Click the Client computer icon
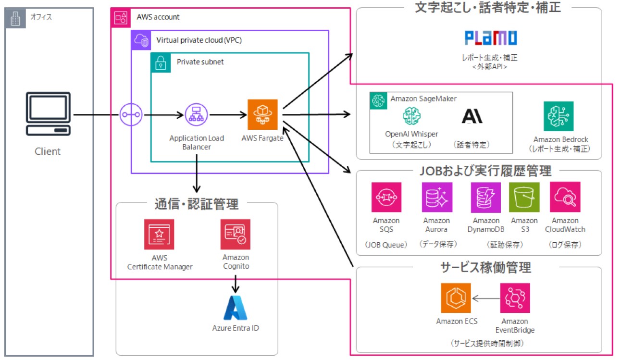pyautogui.click(x=48, y=115)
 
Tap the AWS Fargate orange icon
pyautogui.click(x=262, y=114)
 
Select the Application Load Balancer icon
pyautogui.click(x=196, y=114)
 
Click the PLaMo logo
pyautogui.click(x=491, y=38)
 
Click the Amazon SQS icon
pyautogui.click(x=386, y=197)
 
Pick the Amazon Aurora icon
pyautogui.click(x=436, y=197)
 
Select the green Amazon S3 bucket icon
pyautogui.click(x=524, y=197)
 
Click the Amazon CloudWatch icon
pyautogui.click(x=565, y=197)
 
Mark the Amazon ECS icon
pyautogui.click(x=456, y=298)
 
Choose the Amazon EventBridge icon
pyautogui.click(x=515, y=298)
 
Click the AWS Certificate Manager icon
pyautogui.click(x=159, y=235)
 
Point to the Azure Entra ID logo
pyautogui.click(x=236, y=308)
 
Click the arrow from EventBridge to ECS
pyautogui.click(x=485, y=298)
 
